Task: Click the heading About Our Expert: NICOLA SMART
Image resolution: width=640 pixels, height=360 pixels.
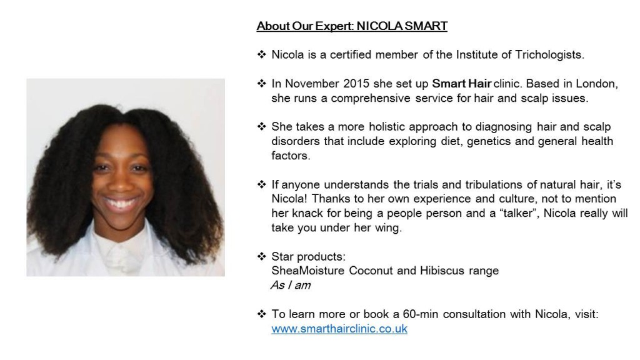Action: coord(352,26)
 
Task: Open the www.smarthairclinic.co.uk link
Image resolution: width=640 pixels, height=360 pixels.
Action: coord(339,329)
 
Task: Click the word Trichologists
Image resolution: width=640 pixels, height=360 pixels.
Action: coord(549,55)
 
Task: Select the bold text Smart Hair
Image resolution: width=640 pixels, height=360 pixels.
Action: coord(462,84)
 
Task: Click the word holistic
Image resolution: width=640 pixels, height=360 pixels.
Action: coord(387,127)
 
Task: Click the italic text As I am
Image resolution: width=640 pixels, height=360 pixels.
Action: coord(291,285)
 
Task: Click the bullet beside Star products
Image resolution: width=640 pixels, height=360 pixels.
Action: coord(262,256)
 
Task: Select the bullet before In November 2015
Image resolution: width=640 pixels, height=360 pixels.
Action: coord(262,83)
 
